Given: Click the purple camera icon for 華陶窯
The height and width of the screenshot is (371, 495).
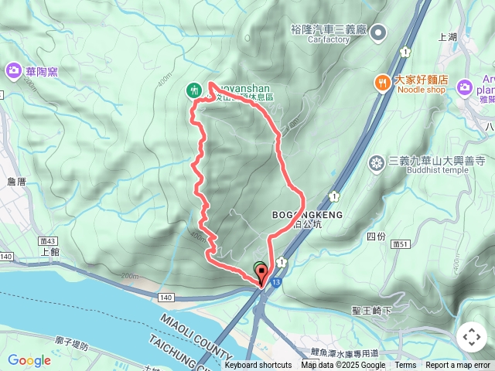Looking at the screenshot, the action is [14, 72].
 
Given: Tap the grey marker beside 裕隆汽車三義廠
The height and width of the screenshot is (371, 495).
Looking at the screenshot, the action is [379, 32].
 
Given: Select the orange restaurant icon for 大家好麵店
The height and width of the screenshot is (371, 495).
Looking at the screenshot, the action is [381, 81].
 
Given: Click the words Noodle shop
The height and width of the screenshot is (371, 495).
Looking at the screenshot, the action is [421, 90].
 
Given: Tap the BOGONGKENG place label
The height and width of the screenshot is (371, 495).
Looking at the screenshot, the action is [306, 213].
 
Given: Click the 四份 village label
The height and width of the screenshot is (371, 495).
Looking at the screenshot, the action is [375, 236].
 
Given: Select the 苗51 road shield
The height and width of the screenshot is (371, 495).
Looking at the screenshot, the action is [400, 243].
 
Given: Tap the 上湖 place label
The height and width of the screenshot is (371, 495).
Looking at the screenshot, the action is [448, 36].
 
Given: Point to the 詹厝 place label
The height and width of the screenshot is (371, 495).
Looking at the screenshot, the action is [15, 181].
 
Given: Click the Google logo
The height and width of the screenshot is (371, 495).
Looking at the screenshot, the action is [29, 360].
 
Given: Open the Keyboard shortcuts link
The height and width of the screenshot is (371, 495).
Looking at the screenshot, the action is [258, 366].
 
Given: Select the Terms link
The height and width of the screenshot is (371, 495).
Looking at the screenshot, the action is [405, 366].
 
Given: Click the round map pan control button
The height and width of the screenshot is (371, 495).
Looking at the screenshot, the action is [471, 337].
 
